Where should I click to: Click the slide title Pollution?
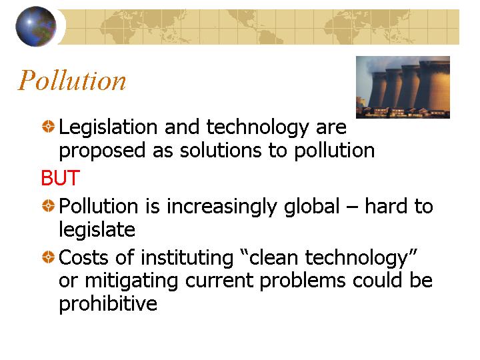tap(72, 80)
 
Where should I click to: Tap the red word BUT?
tap(60, 178)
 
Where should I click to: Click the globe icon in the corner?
tap(36, 26)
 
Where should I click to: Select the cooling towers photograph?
tap(403, 87)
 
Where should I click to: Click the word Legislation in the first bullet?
tap(108, 127)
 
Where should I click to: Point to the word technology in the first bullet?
tap(258, 127)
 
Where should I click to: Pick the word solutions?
tap(221, 150)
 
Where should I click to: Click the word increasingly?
tap(221, 207)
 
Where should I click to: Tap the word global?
tap(312, 206)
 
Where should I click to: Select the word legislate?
tap(97, 230)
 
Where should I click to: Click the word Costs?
tap(83, 257)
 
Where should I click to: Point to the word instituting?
tap(187, 257)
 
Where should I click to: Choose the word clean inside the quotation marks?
tap(273, 257)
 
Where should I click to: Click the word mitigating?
tap(131, 281)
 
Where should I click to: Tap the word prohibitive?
tap(108, 304)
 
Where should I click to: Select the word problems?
tap(303, 281)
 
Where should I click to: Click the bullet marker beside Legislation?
tap(48, 126)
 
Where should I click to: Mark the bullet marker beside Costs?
tap(48, 257)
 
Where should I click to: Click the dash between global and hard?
tap(352, 207)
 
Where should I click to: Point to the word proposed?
tap(102, 151)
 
